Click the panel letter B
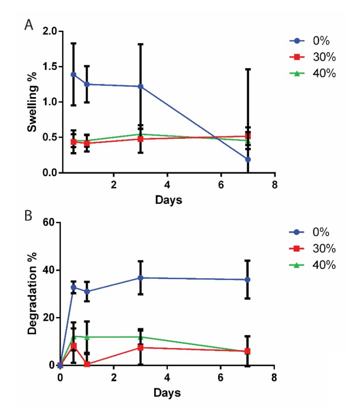tap(29, 217)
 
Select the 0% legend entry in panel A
tap(312, 41)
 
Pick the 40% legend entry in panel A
tap(312, 73)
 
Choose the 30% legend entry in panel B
tap(312, 249)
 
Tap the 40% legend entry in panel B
tap(312, 265)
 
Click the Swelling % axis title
tap(32, 101)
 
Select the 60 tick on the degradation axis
tap(50, 223)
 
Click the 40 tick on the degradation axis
tap(50, 270)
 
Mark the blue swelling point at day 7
tap(248, 160)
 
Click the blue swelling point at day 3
tap(140, 87)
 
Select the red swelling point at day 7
tap(248, 136)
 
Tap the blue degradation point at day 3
tap(140, 278)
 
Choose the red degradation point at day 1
tap(87, 364)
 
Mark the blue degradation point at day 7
tap(248, 280)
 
